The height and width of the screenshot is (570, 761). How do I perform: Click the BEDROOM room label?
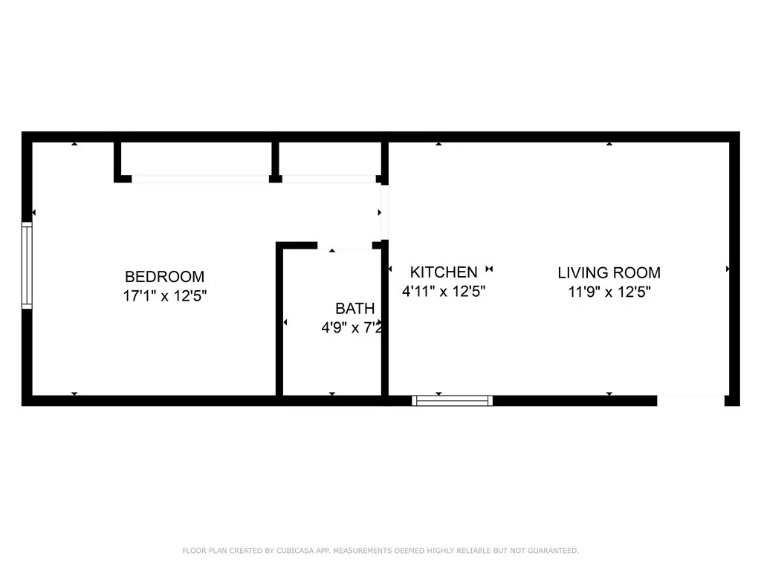click(164, 277)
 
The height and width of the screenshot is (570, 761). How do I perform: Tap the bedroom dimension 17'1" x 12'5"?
click(164, 295)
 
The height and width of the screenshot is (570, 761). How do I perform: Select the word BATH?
click(354, 309)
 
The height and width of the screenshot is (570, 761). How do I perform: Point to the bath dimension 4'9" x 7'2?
click(352, 327)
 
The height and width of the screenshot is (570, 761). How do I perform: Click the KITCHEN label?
click(444, 272)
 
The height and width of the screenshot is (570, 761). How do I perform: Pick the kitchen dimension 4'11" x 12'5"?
click(444, 292)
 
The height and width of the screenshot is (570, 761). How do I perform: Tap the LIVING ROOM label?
click(609, 272)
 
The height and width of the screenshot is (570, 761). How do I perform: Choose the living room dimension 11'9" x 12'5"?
click(609, 292)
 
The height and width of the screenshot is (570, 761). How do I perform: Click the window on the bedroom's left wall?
click(27, 266)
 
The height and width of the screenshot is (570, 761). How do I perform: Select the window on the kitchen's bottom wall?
click(453, 401)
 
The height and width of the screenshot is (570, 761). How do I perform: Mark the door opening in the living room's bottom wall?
click(690, 400)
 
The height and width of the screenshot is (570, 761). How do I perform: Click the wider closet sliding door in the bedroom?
click(200, 179)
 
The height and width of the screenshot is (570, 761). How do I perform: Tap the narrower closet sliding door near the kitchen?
click(328, 179)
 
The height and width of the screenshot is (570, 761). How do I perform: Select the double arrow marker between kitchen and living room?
click(489, 269)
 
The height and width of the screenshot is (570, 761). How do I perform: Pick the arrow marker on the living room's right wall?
click(727, 269)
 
